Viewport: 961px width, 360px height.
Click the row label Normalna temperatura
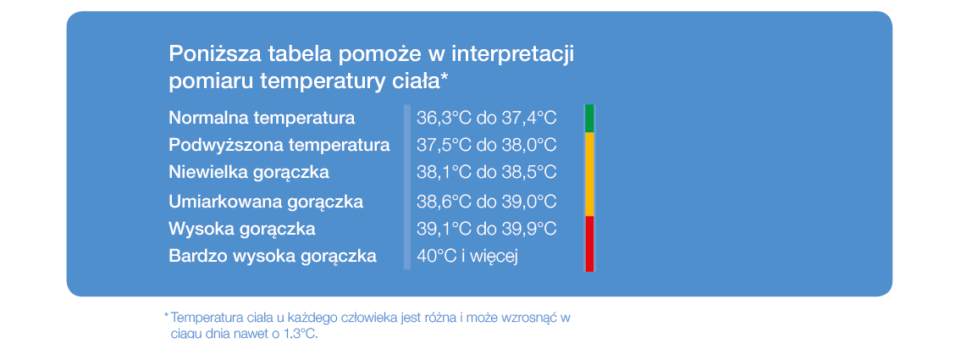(262, 118)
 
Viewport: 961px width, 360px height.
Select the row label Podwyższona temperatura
(279, 146)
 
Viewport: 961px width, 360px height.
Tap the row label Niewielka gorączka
(249, 173)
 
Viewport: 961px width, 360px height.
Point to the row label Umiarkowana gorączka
(266, 202)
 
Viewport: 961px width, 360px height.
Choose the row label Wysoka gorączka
(242, 230)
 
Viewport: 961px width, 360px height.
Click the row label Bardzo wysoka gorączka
(273, 257)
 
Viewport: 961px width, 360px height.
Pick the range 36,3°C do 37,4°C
(487, 118)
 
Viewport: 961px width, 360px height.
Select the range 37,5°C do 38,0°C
(487, 146)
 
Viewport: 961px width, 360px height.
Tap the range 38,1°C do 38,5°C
(487, 172)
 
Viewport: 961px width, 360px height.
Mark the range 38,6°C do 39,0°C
(487, 201)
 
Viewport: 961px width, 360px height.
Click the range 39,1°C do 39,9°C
(487, 229)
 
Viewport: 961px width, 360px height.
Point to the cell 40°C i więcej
(467, 257)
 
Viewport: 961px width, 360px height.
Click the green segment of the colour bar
(589, 119)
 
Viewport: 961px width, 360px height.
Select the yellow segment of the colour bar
(589, 174)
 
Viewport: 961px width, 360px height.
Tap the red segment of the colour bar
(589, 243)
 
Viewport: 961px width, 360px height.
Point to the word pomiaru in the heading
(205, 82)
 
